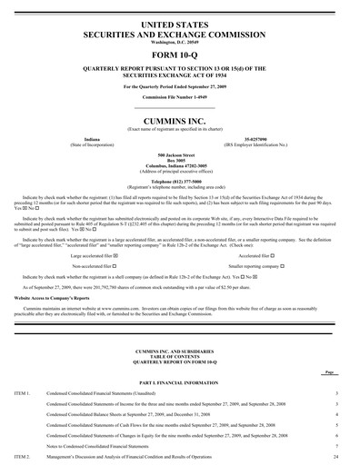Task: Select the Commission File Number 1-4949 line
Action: pos(180,94)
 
